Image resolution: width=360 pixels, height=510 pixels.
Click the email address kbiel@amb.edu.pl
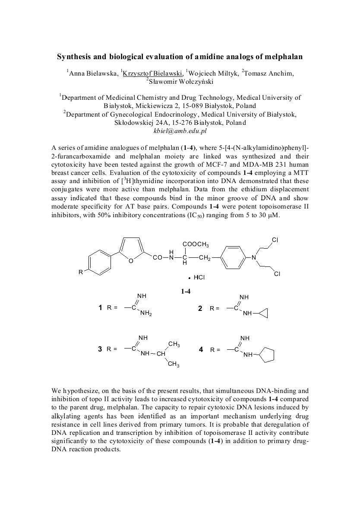[x=180, y=130]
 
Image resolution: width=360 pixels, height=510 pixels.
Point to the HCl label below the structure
[x=199, y=277]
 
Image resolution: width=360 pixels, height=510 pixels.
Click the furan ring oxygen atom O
[x=131, y=260]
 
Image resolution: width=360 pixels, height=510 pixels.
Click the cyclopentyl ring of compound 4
[x=266, y=355]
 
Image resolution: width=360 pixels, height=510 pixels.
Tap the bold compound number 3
[x=100, y=349]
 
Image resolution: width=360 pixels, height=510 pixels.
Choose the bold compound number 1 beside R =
[x=100, y=308]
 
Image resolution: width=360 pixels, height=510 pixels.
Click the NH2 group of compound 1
[x=145, y=314]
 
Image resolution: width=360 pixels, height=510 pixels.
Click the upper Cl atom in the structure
[x=275, y=240]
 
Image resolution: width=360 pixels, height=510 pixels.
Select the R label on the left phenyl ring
[x=80, y=272]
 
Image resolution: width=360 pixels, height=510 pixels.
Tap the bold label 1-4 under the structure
[x=186, y=291]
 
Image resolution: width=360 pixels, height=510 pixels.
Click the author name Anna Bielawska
[x=92, y=73]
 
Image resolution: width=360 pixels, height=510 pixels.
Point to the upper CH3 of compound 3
[x=174, y=344]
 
